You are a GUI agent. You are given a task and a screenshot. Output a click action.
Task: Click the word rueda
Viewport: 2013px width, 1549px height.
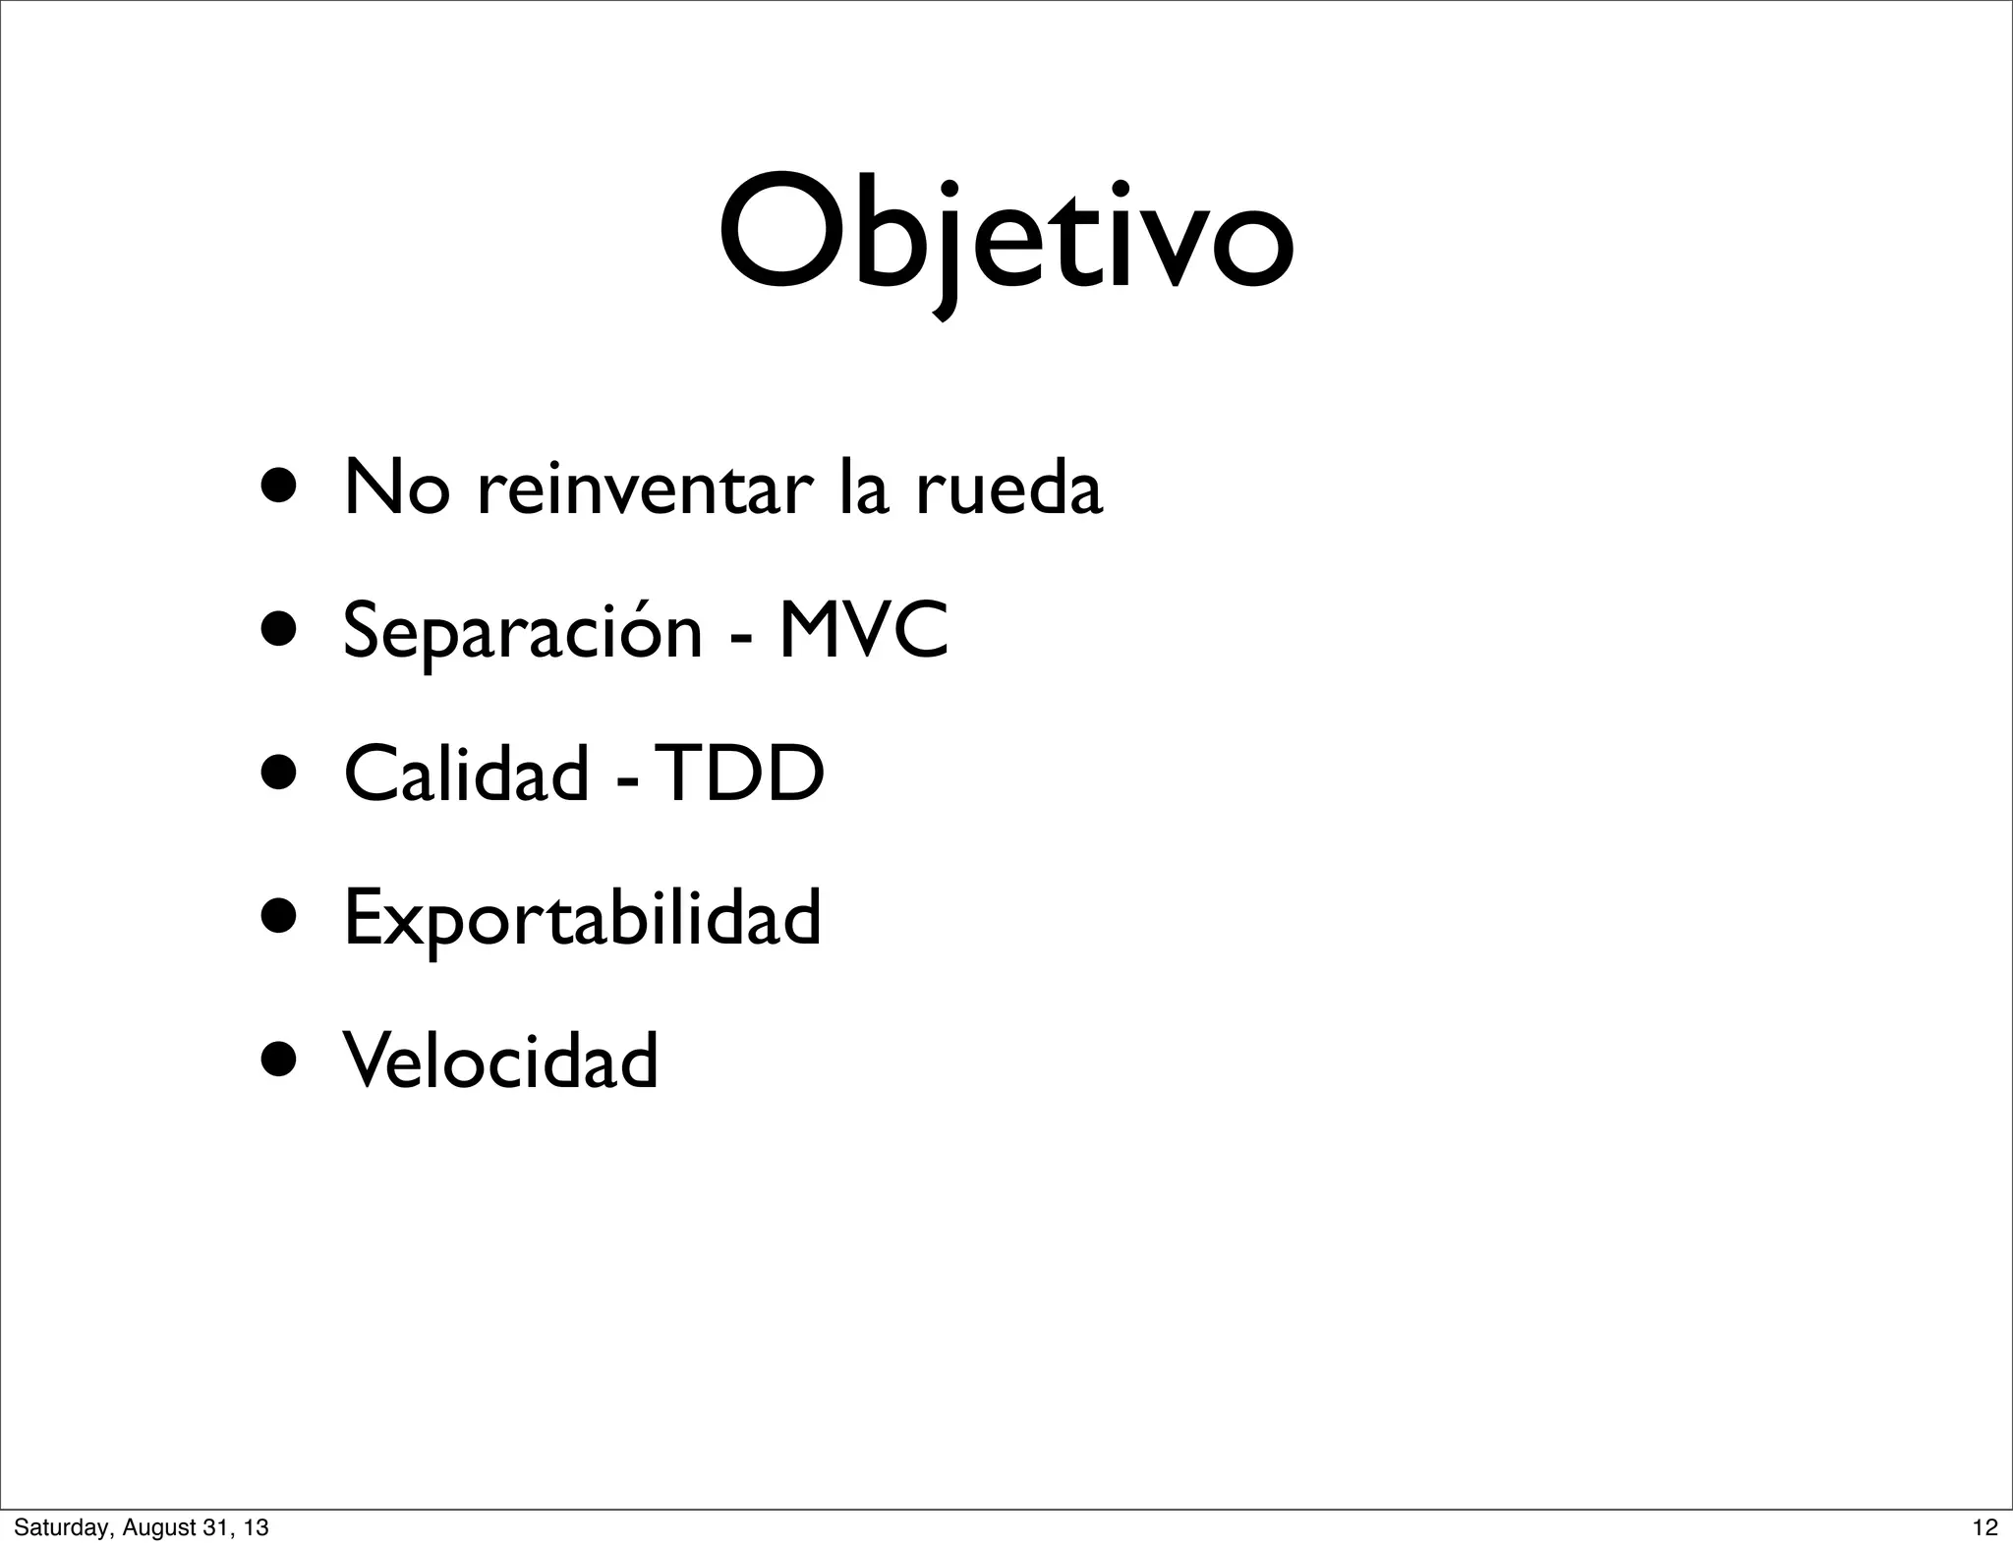click(1009, 488)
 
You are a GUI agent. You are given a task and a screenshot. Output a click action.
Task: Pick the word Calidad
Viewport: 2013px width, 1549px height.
click(466, 774)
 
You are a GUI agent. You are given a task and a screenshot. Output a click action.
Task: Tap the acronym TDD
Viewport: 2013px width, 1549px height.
click(740, 774)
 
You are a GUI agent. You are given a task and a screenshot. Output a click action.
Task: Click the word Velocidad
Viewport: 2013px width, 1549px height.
click(500, 1061)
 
